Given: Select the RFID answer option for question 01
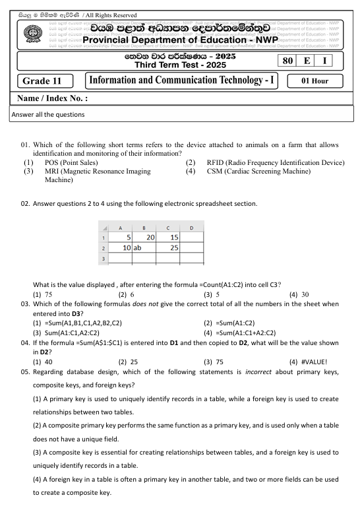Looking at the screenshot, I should click(x=271, y=162).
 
